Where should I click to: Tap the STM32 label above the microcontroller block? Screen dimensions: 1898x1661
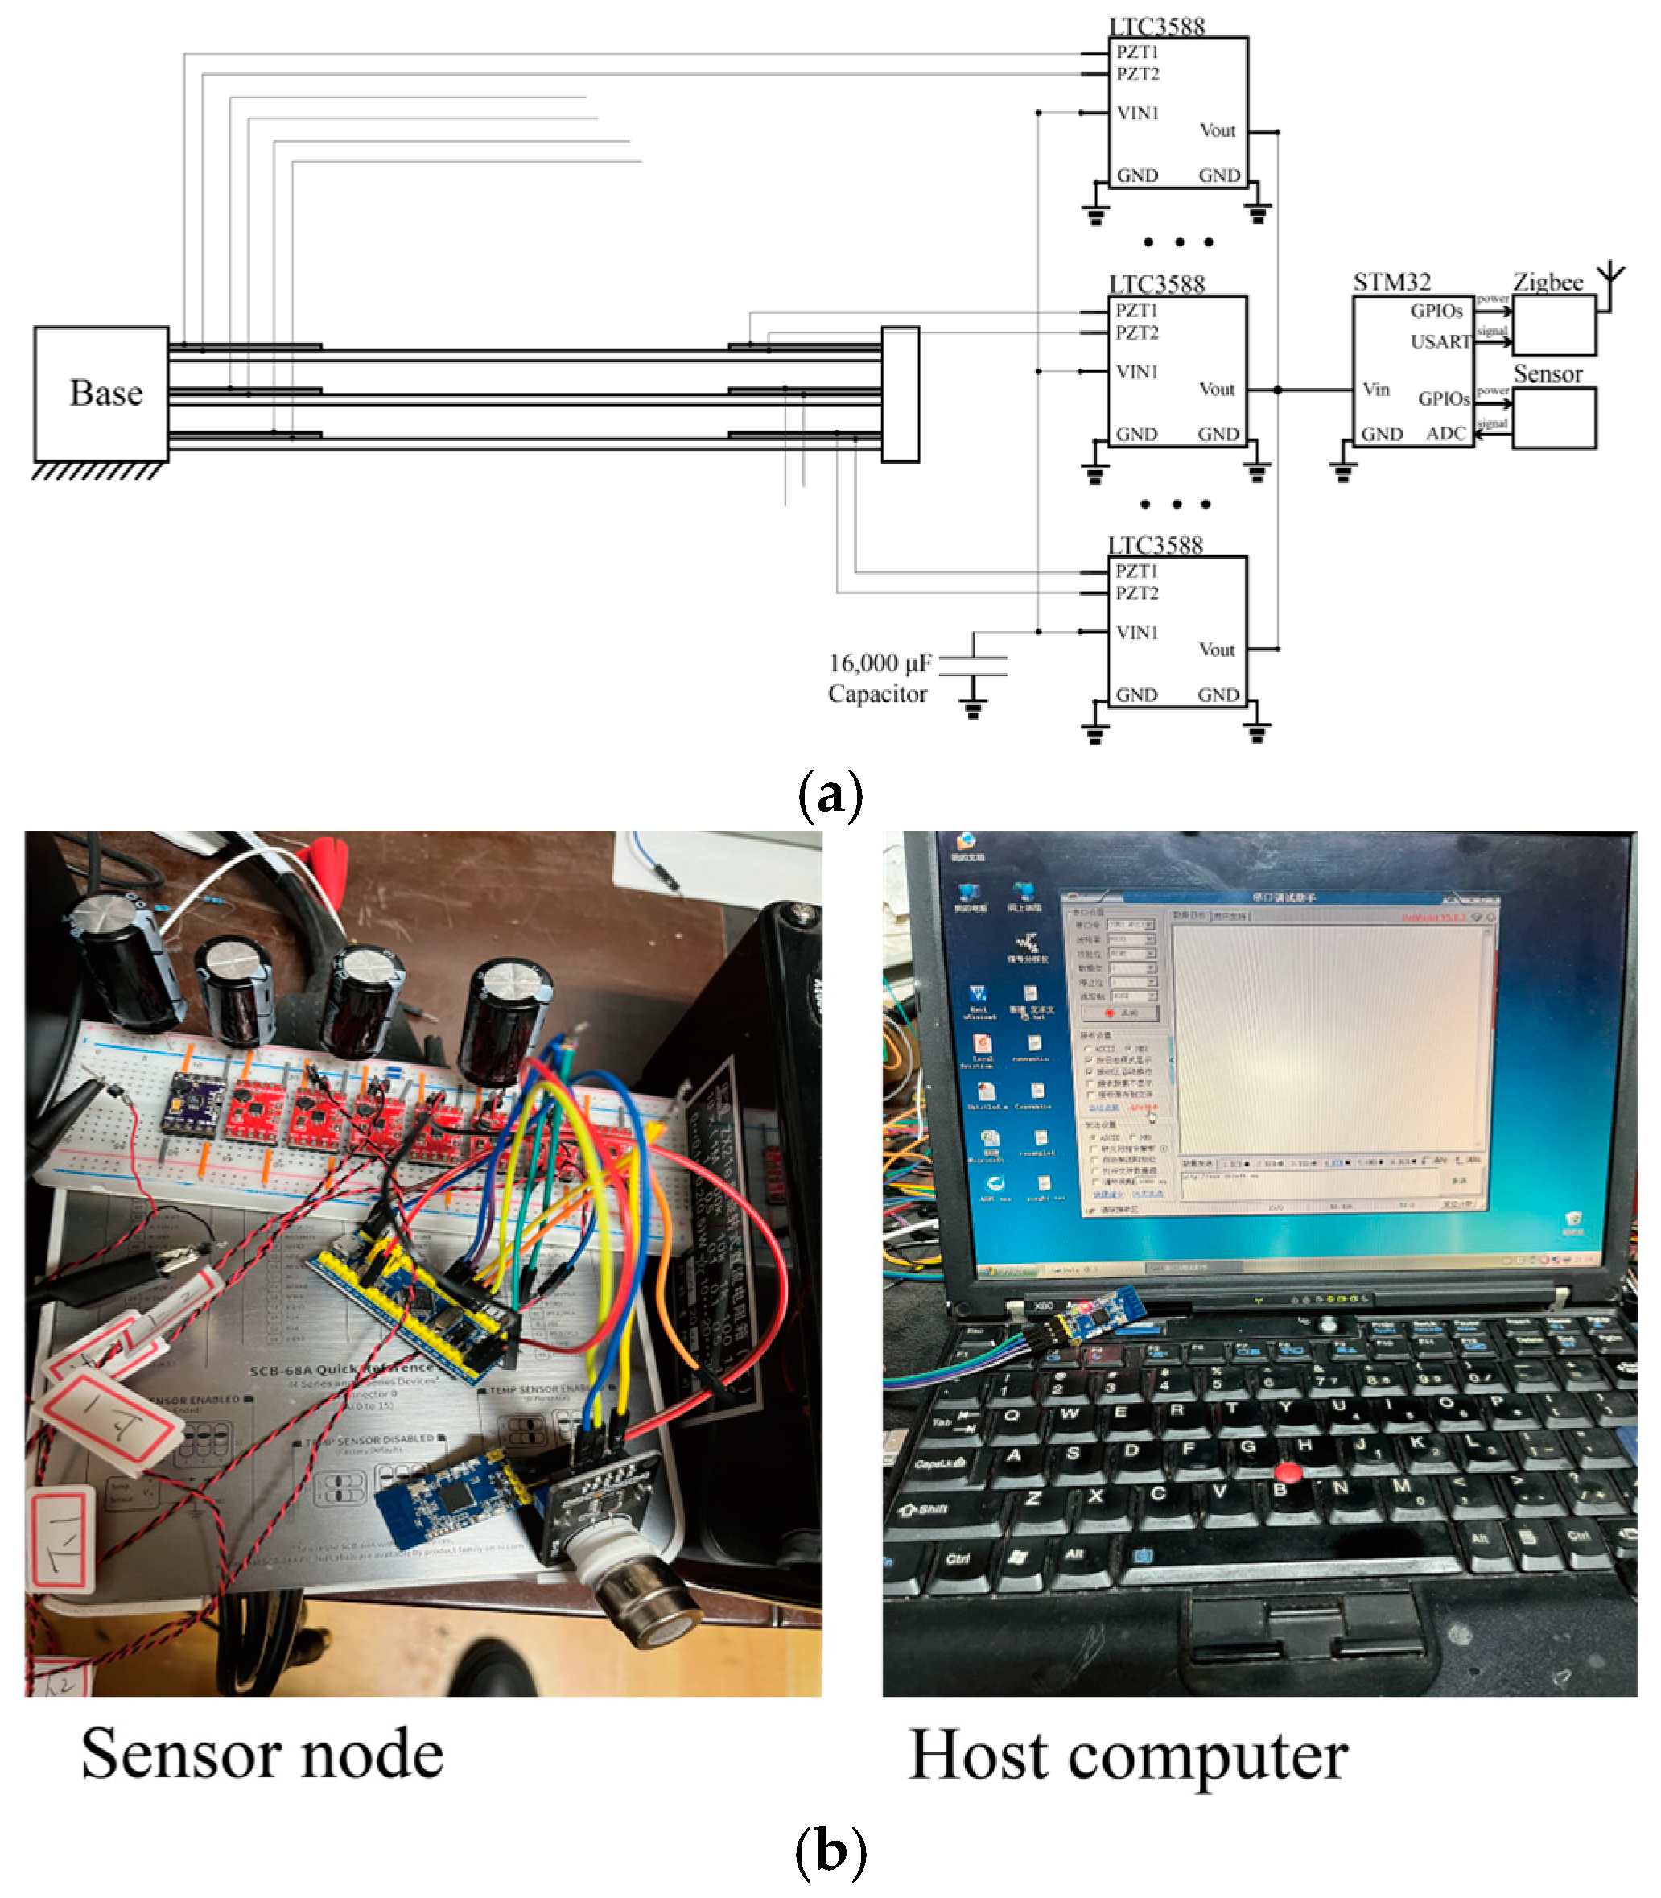click(x=1391, y=282)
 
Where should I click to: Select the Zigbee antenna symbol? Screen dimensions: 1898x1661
click(x=1612, y=274)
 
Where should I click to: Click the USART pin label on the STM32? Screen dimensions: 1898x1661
click(x=1440, y=342)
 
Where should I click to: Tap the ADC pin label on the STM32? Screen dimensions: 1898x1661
click(x=1445, y=433)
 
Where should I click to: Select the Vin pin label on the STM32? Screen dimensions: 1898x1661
click(x=1375, y=390)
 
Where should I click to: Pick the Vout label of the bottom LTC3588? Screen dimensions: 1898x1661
click(x=1216, y=649)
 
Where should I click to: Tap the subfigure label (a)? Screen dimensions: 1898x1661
click(x=830, y=794)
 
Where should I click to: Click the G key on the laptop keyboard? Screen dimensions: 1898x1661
click(x=1247, y=1446)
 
